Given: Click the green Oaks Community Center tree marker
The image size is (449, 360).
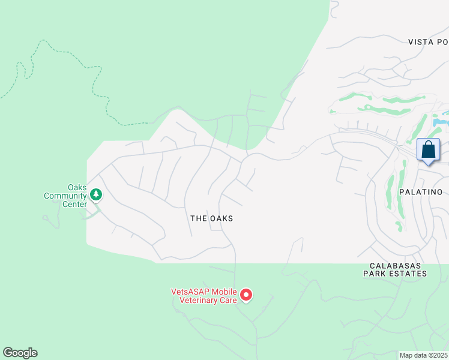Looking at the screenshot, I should tap(95, 194).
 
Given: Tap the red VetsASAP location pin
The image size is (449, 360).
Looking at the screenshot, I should tap(246, 295).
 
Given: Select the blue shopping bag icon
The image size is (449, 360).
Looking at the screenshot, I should tap(428, 149).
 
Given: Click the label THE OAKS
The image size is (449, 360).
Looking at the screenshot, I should tap(211, 218).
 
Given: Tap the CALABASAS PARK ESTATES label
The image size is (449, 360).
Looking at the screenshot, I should tap(394, 269).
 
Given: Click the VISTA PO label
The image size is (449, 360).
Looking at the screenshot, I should tap(427, 42).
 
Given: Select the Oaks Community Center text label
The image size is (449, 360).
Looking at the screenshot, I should tap(65, 196).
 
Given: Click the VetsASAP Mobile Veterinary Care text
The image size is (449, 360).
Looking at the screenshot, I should tap(204, 296).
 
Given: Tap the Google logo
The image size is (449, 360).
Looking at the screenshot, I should tap(20, 353).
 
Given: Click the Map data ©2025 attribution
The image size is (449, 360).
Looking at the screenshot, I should tap(423, 355).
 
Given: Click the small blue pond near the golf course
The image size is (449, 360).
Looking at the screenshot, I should tap(439, 122).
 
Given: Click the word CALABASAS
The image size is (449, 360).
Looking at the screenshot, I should tap(394, 265).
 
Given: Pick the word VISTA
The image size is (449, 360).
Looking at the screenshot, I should tap(419, 42).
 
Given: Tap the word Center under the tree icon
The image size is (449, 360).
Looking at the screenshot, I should tap(74, 203).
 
